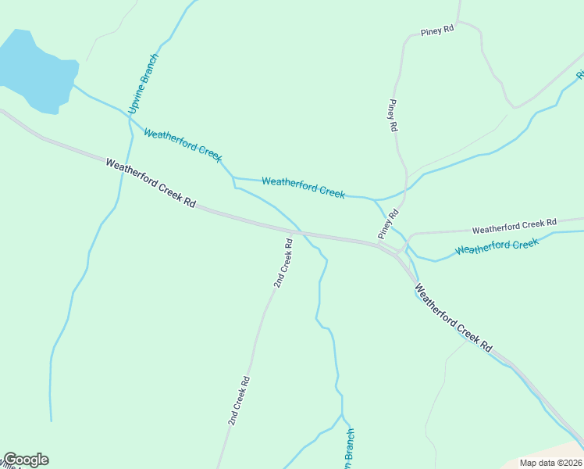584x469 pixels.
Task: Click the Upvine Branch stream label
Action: coord(144,84)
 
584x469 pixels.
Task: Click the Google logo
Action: coord(25,460)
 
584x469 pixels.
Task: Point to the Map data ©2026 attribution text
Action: coord(550,462)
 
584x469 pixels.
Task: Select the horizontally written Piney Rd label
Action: coord(436,31)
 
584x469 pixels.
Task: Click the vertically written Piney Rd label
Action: coord(393,115)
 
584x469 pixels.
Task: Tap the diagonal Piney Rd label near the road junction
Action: coord(388,224)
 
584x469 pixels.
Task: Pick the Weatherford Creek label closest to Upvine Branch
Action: coord(183,145)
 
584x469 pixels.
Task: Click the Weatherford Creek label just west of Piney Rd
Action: coord(303,188)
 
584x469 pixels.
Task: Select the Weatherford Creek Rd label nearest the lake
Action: coord(151,183)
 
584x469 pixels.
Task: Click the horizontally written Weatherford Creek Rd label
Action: coord(514,227)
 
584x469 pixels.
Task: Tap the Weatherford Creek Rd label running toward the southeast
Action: coord(454,317)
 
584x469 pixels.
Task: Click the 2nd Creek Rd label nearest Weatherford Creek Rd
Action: coord(283,263)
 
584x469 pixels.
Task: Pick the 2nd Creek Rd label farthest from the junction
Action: coord(239,401)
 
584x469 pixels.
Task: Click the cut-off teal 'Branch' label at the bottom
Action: coord(350,450)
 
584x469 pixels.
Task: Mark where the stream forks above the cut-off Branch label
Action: coord(342,414)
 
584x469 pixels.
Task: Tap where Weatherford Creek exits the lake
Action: coord(74,86)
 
